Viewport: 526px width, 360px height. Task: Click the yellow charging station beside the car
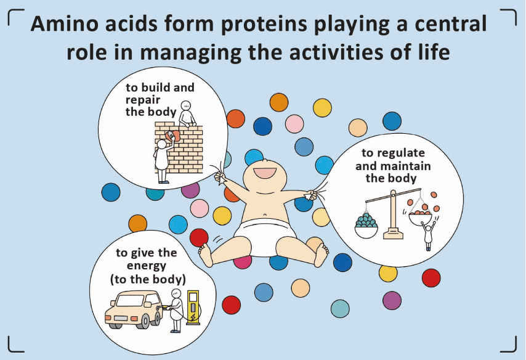[193, 307]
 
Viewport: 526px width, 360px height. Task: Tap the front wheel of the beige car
[145, 320]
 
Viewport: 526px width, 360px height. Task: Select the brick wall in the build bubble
[179, 148]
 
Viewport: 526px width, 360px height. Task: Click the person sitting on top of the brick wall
[186, 113]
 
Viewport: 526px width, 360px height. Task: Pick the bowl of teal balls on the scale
[366, 226]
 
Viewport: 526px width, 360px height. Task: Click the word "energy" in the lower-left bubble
[146, 266]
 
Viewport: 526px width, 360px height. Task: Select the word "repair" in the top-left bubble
[143, 100]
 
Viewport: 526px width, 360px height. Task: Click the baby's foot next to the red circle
[205, 255]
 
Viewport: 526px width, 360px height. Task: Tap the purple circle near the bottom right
[392, 300]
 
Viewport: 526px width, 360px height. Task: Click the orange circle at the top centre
[279, 102]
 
